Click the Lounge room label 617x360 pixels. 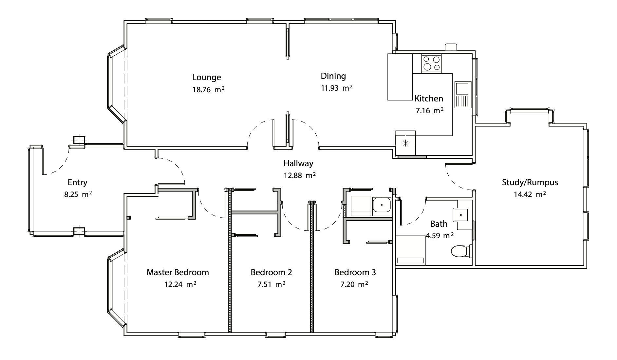(x=206, y=78)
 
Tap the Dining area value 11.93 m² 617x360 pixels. (x=336, y=88)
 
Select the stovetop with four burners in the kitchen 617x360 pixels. (x=431, y=63)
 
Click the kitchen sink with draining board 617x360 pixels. (x=463, y=95)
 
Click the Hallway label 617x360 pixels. (x=298, y=163)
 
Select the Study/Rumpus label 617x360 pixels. (x=530, y=182)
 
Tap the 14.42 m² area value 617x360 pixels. (x=530, y=194)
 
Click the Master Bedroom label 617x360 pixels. (x=178, y=272)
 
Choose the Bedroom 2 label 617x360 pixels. (x=271, y=272)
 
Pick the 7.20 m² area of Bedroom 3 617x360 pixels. (x=354, y=284)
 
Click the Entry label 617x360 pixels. (x=77, y=183)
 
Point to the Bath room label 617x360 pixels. (x=439, y=224)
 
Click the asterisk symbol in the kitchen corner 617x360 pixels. (x=405, y=143)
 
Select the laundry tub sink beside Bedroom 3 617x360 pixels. (x=382, y=207)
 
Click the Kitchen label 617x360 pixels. (x=429, y=99)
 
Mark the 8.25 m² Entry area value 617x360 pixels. (x=78, y=194)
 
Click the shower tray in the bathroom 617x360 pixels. (x=411, y=250)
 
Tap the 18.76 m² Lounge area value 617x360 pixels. (x=208, y=90)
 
